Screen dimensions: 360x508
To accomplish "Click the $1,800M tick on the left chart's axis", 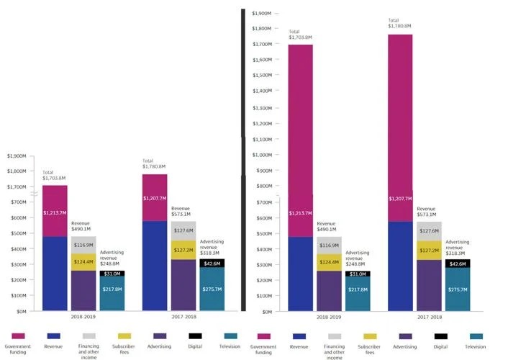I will pyautogui.click(x=16, y=171).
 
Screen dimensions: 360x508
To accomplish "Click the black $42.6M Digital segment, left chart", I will pyautogui.click(x=212, y=264).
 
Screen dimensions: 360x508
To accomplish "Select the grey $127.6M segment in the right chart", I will pyautogui.click(x=429, y=231).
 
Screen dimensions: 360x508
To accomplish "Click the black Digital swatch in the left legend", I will pyautogui.click(x=196, y=336).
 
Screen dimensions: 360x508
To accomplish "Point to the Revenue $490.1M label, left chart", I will pyautogui.click(x=81, y=226).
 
